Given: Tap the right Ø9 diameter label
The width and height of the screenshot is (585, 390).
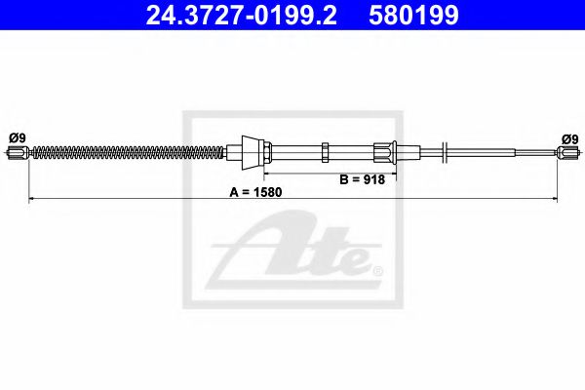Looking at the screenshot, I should (x=569, y=137).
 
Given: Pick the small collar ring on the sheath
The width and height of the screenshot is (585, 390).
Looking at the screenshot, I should (x=325, y=151).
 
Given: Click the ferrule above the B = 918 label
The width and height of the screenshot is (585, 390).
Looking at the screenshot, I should (x=384, y=151).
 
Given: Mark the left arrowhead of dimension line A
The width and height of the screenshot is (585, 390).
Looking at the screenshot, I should (x=33, y=199).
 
